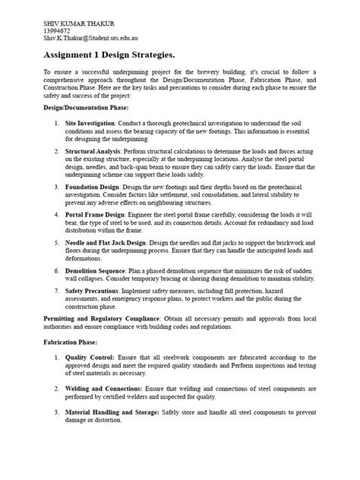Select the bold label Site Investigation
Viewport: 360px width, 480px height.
(x=93, y=122)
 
